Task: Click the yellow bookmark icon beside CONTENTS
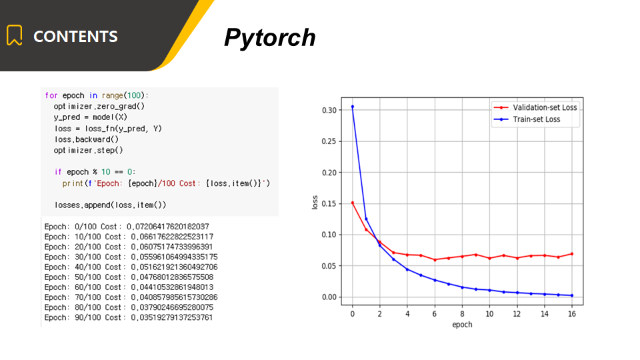click(x=14, y=35)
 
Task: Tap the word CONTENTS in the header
click(x=75, y=36)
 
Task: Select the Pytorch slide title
click(x=270, y=38)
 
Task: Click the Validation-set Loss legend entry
click(x=535, y=107)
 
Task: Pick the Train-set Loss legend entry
click(x=527, y=119)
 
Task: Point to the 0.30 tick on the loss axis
click(x=329, y=110)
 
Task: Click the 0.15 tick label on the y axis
click(x=329, y=204)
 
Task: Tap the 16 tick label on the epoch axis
click(x=572, y=314)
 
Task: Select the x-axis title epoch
click(x=462, y=325)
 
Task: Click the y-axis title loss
click(x=315, y=203)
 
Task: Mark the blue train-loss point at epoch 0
click(x=353, y=107)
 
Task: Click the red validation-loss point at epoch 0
click(x=353, y=203)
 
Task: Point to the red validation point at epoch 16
click(x=572, y=254)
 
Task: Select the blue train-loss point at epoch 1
click(x=366, y=219)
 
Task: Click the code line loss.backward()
click(x=87, y=139)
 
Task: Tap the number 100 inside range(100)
click(x=134, y=95)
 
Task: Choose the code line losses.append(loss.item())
click(x=110, y=205)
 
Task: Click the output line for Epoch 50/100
click(x=129, y=277)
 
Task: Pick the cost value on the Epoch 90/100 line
click(x=172, y=317)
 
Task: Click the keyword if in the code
click(x=58, y=172)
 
